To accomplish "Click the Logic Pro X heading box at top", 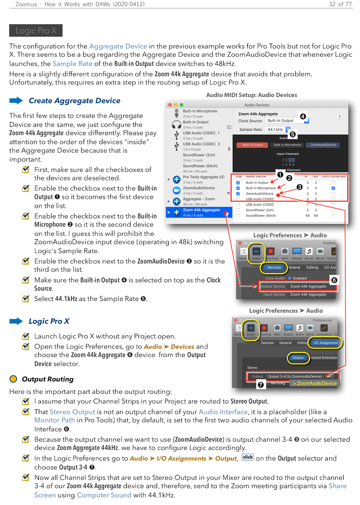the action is (x=36, y=30).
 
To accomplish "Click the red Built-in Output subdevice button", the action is (x=252, y=145).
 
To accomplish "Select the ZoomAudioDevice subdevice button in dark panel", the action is (x=323, y=145).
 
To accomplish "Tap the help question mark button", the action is (x=339, y=117).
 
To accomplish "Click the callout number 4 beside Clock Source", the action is (x=303, y=116).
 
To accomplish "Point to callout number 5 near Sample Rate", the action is (x=292, y=134).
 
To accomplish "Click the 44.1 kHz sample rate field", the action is (x=275, y=129).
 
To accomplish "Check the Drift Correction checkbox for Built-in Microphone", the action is (x=333, y=188).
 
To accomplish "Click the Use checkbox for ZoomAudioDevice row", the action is (x=238, y=193).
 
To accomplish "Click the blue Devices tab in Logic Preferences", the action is (x=274, y=267).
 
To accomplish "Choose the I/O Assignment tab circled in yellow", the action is (x=326, y=343).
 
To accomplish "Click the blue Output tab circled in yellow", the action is (x=298, y=358).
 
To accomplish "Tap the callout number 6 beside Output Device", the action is (x=334, y=280).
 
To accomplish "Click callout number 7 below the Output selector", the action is (x=260, y=385).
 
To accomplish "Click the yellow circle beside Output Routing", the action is (x=13, y=379).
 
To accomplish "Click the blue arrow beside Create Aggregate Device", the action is (x=16, y=100).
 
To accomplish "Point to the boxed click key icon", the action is (x=248, y=457).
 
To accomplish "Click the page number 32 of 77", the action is (x=340, y=4).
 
